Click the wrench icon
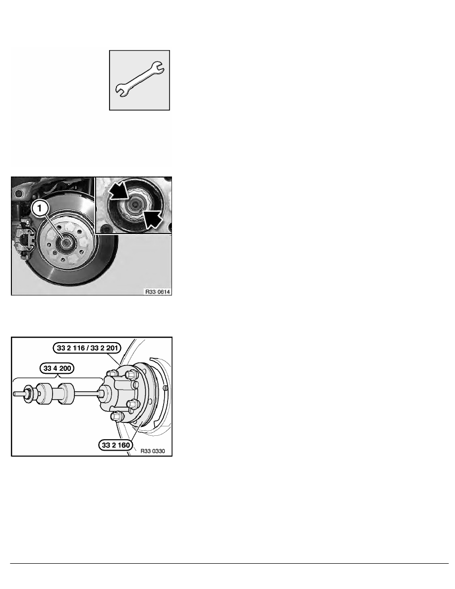139,80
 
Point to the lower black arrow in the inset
152,219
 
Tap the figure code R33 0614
158,291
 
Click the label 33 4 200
57,368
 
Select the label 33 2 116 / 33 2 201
87,348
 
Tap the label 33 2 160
116,445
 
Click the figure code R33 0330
153,451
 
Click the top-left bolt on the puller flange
111,373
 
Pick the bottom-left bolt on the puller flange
116,416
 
